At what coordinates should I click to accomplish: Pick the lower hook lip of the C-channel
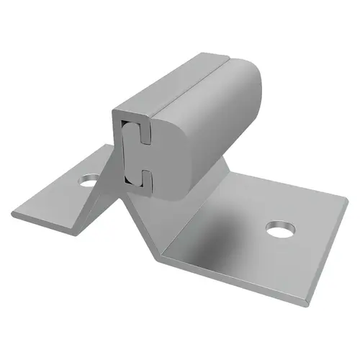tap(143, 174)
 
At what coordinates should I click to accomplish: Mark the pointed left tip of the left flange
tap(13, 214)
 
